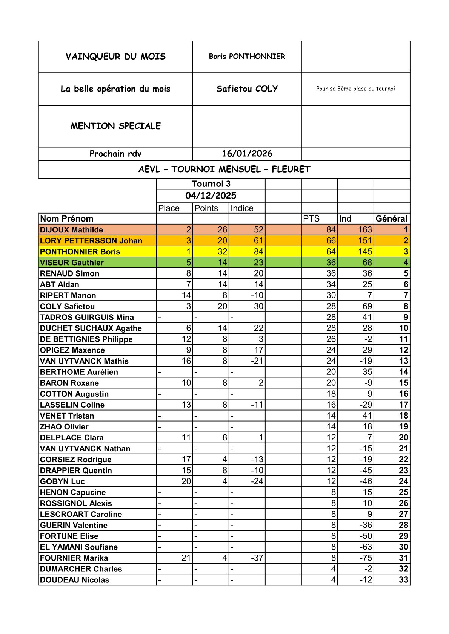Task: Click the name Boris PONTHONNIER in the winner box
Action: tap(247, 57)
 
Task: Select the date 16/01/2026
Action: tap(247, 154)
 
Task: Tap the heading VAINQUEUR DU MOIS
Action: tap(115, 57)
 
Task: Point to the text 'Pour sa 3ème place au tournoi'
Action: tap(355, 89)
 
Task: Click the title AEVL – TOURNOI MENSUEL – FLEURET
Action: tap(224, 169)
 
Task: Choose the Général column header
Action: tap(391, 219)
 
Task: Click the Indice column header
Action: tap(242, 208)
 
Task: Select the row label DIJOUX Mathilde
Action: tap(71, 230)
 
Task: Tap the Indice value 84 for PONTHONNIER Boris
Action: tap(258, 252)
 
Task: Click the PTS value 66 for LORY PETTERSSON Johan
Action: tap(331, 241)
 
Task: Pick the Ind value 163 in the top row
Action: tap(365, 230)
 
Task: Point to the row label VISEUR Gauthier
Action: tap(72, 263)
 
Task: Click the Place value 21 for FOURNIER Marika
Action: tap(186, 558)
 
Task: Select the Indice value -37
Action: tap(257, 558)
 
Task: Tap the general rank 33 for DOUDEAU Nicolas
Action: tap(403, 580)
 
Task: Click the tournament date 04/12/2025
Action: tap(211, 196)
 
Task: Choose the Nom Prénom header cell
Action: tap(67, 219)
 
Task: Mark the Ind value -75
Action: tap(365, 558)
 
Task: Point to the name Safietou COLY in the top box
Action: tap(247, 89)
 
